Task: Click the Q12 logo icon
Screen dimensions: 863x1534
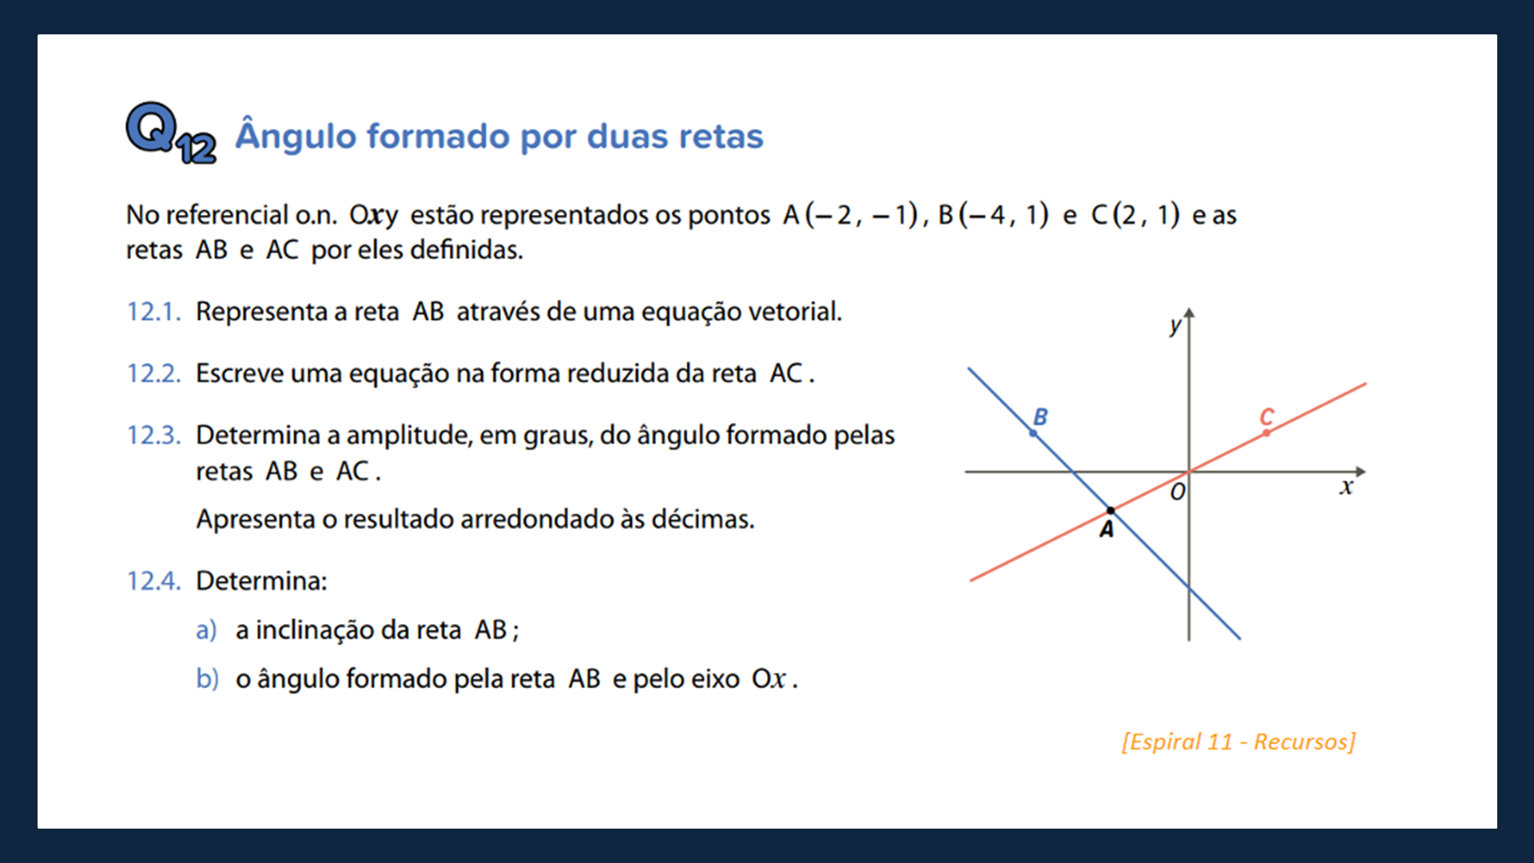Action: [x=169, y=133]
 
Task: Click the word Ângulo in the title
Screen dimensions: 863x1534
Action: [x=295, y=136]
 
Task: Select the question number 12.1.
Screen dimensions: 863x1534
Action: [x=153, y=312]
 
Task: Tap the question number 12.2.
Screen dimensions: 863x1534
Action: [x=153, y=373]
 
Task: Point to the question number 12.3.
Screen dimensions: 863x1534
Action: [x=153, y=435]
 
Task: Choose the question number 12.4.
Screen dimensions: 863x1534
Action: [x=153, y=581]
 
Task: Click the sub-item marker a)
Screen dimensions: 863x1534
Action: [x=206, y=630]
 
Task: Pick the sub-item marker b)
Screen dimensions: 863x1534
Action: [x=206, y=679]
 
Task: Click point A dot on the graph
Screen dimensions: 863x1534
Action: [x=1110, y=511]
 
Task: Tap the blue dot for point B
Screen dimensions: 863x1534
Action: [x=1033, y=433]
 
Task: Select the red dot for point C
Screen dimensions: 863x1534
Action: [x=1266, y=433]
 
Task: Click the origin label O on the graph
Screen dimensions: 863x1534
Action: [x=1178, y=492]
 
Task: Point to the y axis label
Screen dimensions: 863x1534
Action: [x=1174, y=325]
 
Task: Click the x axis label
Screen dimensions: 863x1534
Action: [x=1346, y=487]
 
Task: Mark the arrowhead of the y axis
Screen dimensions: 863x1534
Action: [x=1189, y=313]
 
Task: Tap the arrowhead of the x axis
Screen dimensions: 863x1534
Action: [x=1360, y=471]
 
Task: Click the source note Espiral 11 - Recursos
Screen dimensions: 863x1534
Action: [x=1238, y=742]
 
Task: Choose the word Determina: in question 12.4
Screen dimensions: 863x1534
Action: [x=261, y=581]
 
